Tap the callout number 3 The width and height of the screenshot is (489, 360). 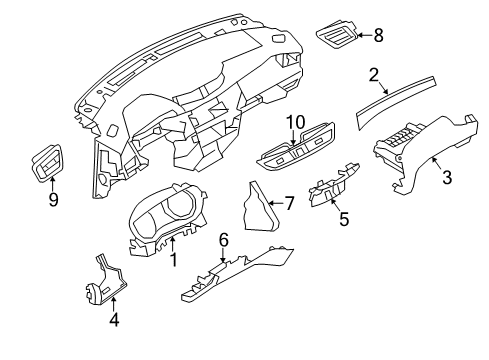pyautogui.click(x=447, y=178)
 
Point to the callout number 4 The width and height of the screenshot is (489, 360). pyautogui.click(x=113, y=322)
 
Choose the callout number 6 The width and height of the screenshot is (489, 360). pyautogui.click(x=224, y=267)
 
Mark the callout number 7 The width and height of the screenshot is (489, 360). pyautogui.click(x=289, y=204)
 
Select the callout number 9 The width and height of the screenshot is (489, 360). pyautogui.click(x=54, y=199)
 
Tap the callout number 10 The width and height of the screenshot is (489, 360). pyautogui.click(x=295, y=123)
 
